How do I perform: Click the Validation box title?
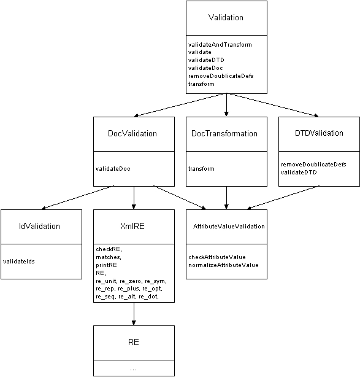pos(226,17)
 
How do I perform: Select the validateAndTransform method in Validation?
pos(220,44)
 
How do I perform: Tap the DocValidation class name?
pos(132,133)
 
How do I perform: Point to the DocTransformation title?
pos(224,133)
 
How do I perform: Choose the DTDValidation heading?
pos(319,133)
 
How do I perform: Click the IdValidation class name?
pos(39,226)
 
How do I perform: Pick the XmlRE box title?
pos(132,226)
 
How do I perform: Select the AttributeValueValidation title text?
pos(229,226)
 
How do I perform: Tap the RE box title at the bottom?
pos(134,342)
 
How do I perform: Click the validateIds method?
pos(19,262)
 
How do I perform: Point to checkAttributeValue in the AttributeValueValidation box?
pos(217,257)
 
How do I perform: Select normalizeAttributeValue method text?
pos(224,265)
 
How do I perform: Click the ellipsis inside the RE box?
pos(133,370)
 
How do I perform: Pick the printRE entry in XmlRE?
pos(106,265)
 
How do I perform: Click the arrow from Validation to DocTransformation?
pos(226,104)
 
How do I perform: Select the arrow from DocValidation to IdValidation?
pos(78,198)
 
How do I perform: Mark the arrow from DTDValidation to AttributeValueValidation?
pos(283,198)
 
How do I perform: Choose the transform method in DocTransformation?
pos(201,168)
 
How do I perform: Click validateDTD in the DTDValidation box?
pos(299,172)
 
